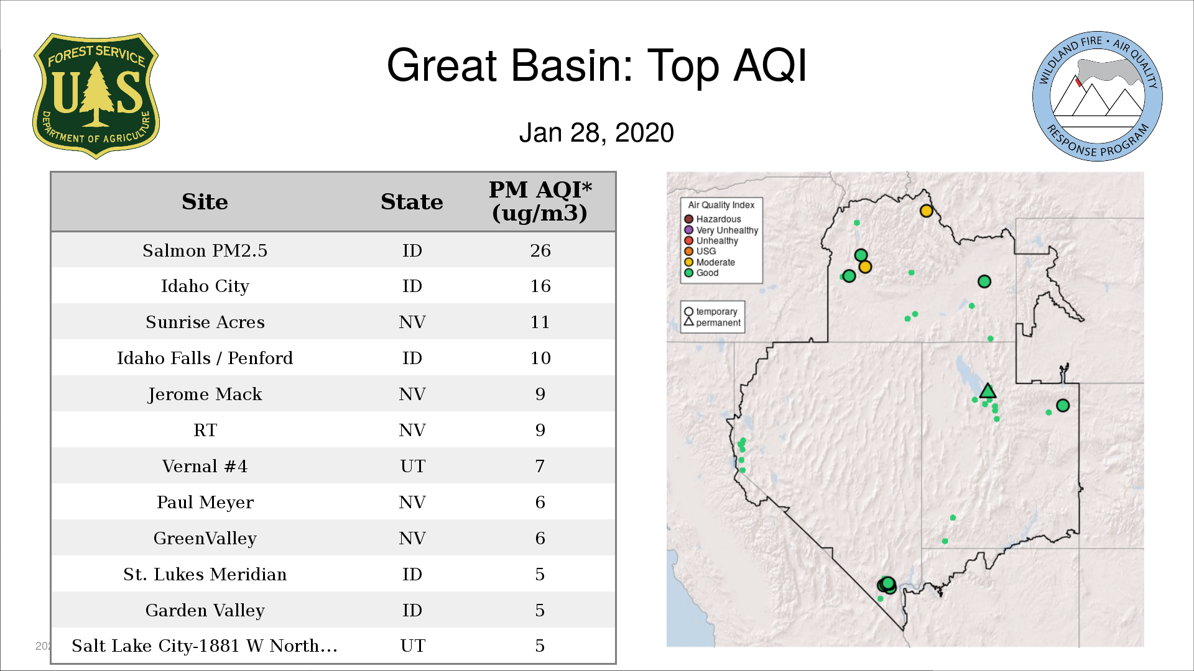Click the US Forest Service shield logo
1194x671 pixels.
coord(96,96)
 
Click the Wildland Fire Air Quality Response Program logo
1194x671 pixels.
coord(1098,96)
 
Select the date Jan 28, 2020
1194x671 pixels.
coord(596,133)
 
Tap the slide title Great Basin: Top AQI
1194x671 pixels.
coord(596,65)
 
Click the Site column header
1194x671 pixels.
coord(205,202)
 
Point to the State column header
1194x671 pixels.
coord(412,202)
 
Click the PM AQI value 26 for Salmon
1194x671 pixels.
coord(540,250)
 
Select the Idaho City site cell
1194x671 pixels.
coord(205,286)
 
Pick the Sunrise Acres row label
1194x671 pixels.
coord(205,322)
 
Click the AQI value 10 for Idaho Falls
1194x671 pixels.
coord(540,358)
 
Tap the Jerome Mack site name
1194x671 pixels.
coord(205,395)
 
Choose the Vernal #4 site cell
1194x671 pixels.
coord(205,466)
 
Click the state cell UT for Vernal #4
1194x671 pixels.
coord(412,466)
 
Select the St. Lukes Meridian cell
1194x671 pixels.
coord(205,574)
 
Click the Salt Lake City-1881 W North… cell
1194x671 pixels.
coord(205,646)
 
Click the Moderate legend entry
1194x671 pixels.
coord(710,262)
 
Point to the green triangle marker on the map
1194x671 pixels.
coord(988,391)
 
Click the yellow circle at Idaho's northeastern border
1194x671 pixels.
coord(926,211)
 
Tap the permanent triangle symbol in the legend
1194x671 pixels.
coord(688,322)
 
